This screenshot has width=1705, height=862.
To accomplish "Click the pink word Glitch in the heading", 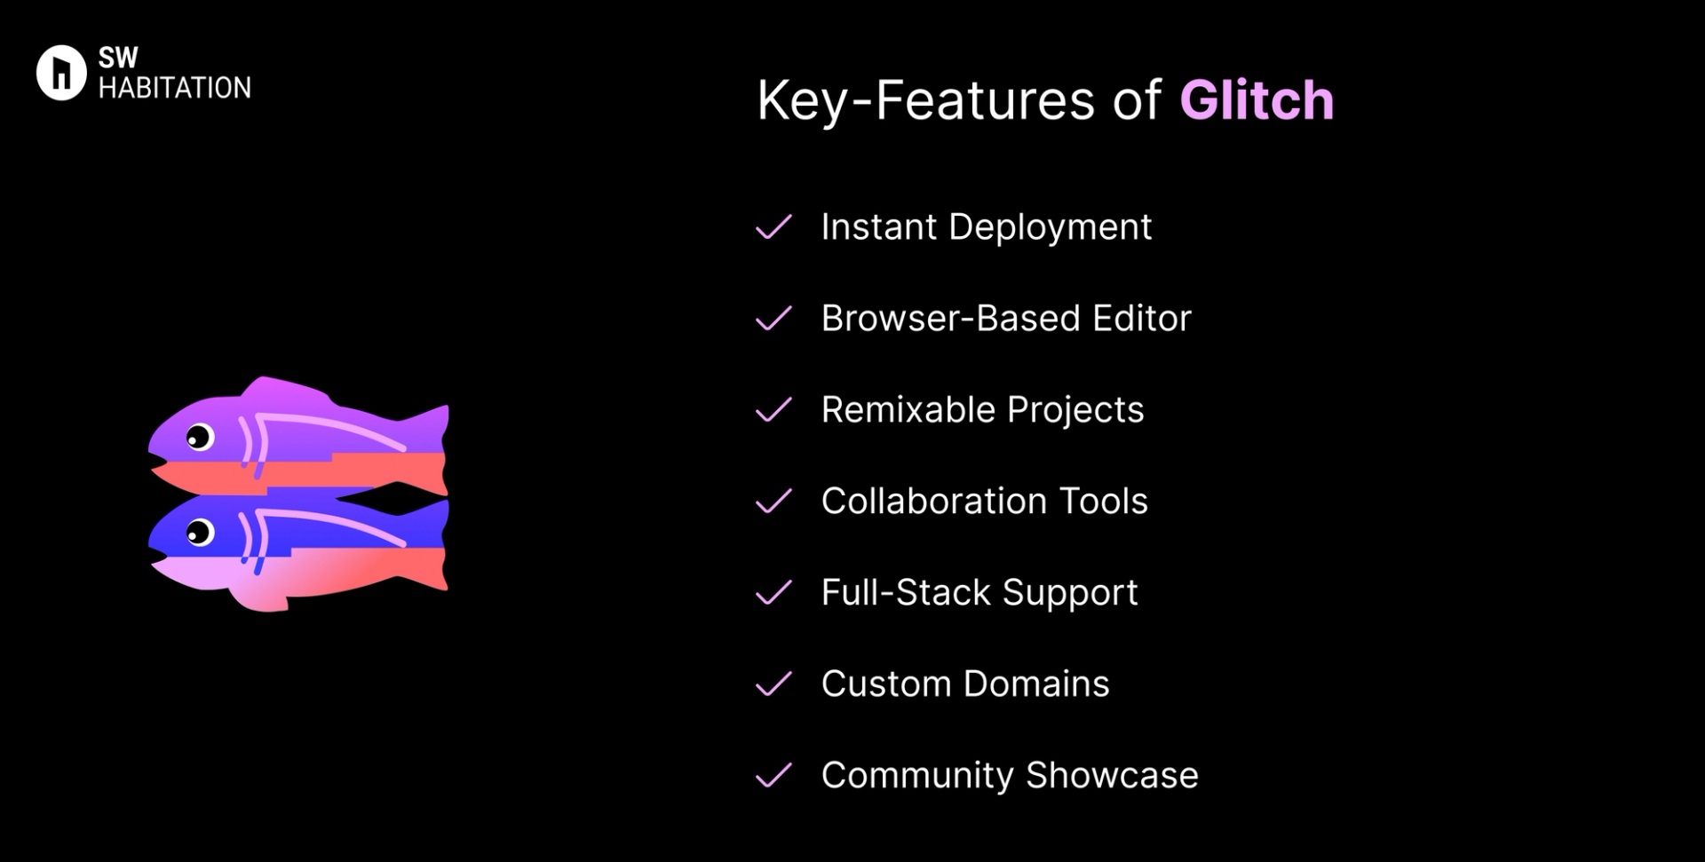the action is click(1257, 99).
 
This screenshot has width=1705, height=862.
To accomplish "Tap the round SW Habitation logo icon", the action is click(61, 73).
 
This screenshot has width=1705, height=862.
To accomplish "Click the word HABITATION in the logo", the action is click(175, 88).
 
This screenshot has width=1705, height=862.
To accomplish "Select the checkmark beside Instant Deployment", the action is click(773, 227).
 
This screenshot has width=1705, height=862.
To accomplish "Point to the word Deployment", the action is click(1050, 228).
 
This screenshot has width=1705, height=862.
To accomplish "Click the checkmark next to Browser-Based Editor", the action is click(773, 319).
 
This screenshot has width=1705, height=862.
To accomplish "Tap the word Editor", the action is click(1142, 318).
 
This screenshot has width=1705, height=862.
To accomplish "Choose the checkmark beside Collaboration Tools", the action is click(773, 502).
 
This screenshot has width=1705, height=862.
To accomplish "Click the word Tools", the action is click(1104, 502).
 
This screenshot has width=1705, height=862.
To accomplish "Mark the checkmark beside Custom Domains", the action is click(773, 684).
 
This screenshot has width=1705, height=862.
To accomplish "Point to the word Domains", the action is click(1036, 684).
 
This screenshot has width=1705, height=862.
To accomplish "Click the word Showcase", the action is click(1112, 775).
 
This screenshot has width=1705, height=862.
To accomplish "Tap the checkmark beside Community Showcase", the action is click(773, 776).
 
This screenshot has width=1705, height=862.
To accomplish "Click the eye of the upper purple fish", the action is click(199, 437).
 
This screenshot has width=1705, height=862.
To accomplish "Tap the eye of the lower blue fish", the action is click(199, 532).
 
